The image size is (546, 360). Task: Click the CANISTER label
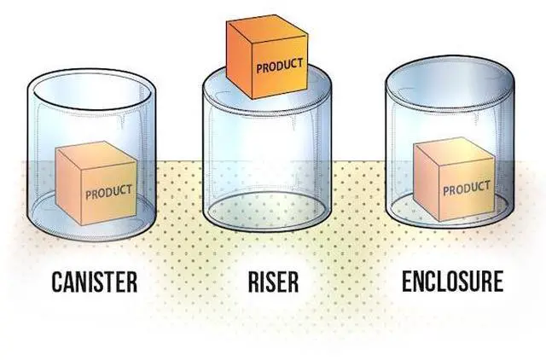click(x=95, y=282)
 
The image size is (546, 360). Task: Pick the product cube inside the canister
click(x=96, y=183)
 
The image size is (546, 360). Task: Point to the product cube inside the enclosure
click(x=454, y=181)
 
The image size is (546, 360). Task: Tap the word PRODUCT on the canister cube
click(x=108, y=190)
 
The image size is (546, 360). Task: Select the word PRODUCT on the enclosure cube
click(x=466, y=187)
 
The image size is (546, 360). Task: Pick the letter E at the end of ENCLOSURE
click(x=497, y=282)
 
